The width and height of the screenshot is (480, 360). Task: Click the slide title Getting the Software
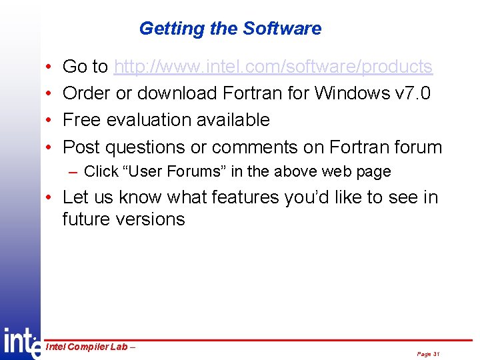click(x=230, y=29)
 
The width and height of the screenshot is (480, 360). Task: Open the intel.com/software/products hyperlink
click(x=273, y=67)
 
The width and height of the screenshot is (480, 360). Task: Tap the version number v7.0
click(x=413, y=93)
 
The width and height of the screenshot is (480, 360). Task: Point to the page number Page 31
click(x=428, y=354)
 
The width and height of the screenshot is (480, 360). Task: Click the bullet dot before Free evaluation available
click(x=51, y=121)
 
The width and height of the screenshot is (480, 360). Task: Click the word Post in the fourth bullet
click(x=81, y=147)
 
